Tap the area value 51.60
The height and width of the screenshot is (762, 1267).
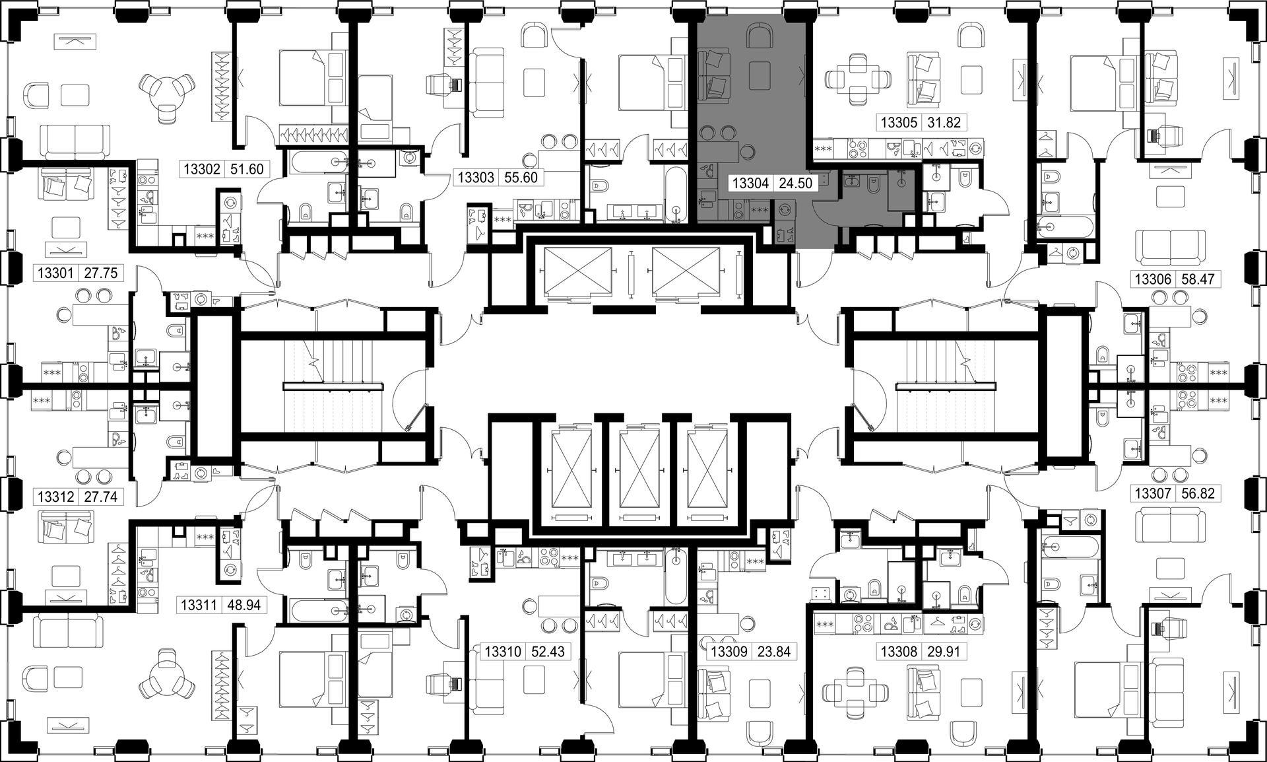point(247,169)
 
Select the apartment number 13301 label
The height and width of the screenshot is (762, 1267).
point(56,273)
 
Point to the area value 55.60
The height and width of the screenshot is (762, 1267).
point(520,177)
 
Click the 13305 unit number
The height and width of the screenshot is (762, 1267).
point(899,122)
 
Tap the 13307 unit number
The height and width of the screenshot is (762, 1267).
point(1152,493)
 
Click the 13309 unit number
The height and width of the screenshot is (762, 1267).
point(729,652)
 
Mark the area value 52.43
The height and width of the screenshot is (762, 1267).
point(547,652)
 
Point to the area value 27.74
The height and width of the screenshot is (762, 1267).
point(101,497)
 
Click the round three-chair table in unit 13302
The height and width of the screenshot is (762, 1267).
point(168,96)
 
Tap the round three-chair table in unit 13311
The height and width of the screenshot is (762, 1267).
point(168,674)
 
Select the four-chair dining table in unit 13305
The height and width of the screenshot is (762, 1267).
point(858,81)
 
